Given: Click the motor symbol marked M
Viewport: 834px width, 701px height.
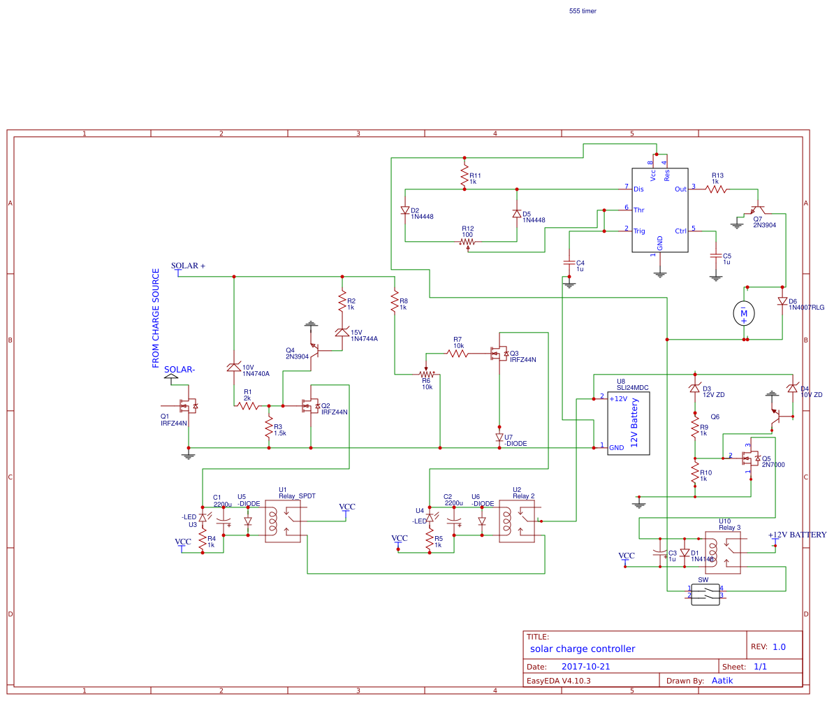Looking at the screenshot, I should tap(744, 314).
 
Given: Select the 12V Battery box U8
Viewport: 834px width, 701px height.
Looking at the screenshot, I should tap(628, 424).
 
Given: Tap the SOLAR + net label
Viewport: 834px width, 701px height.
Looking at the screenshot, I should tap(189, 266).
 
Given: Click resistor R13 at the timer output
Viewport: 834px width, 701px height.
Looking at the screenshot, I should tap(717, 189).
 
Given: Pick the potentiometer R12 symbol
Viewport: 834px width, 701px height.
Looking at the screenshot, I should tap(467, 242).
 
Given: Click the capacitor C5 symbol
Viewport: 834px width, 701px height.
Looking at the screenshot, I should tap(715, 256).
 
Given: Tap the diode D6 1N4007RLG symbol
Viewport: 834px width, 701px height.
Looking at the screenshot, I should tap(782, 301).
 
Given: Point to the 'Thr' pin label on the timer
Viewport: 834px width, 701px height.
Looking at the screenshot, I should tap(638, 209).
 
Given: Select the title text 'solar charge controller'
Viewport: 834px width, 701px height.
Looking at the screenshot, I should tap(583, 649).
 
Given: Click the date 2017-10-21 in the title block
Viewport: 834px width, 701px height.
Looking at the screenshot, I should tap(586, 666).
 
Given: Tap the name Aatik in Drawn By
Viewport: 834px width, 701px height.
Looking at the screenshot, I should tap(722, 680).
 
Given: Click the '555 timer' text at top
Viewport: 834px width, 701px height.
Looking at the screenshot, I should tap(583, 11).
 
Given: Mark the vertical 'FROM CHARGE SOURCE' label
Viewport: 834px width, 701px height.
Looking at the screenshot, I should tap(156, 319).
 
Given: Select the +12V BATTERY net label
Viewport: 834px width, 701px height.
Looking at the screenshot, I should tap(796, 535).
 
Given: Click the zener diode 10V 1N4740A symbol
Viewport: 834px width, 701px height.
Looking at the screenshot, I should tap(234, 367).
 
